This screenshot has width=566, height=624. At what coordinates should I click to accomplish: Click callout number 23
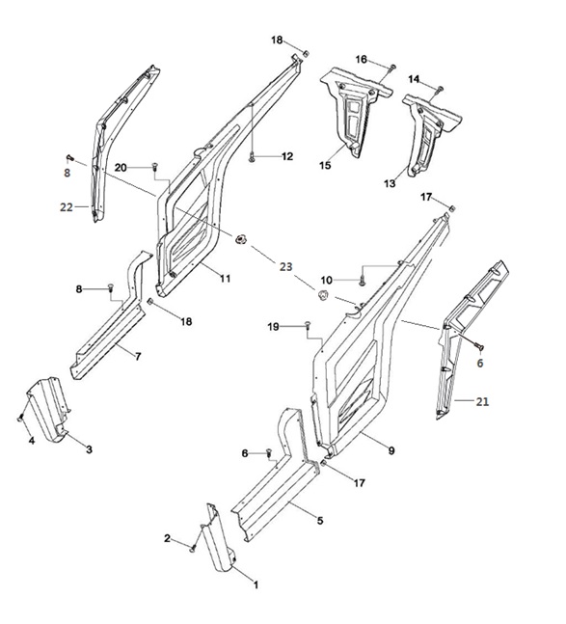pos(285,266)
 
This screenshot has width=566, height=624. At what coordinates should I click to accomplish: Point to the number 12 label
pos(286,156)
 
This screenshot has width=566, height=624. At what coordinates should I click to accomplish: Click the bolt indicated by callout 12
pos(252,158)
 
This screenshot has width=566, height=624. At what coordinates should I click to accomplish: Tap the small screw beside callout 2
pos(193,549)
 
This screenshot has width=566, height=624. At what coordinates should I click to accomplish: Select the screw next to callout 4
pos(20,419)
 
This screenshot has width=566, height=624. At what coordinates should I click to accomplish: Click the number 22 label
pos(67,207)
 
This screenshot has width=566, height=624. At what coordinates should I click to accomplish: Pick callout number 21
pos(482,401)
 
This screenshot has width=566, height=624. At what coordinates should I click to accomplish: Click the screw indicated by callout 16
pos(392,68)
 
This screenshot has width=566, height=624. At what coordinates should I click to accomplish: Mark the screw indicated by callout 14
pos(440,90)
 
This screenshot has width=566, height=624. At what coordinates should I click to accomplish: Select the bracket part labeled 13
pos(429,134)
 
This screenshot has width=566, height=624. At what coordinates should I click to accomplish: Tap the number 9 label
pos(391,450)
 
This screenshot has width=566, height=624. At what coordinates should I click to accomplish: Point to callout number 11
pos(225,278)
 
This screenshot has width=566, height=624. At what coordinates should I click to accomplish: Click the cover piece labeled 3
pos(49,410)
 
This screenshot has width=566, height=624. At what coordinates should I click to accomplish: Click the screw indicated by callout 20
pos(154,166)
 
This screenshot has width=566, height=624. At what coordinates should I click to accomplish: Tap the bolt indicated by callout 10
pos(362,281)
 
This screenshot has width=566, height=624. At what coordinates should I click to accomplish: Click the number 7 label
pos(138,356)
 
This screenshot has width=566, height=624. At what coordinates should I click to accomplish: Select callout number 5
pos(320,520)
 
